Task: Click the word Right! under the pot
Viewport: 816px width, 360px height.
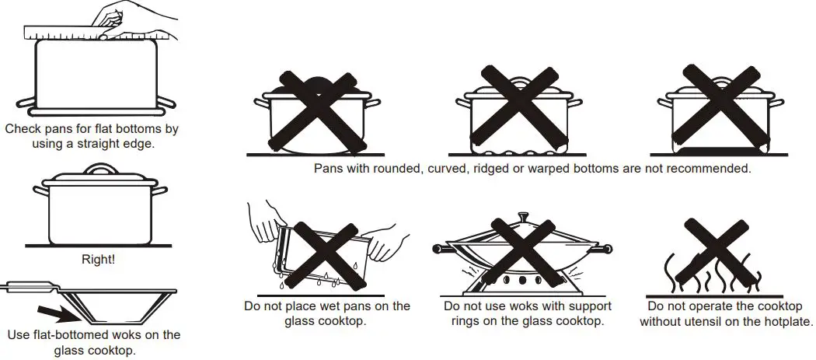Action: click(x=98, y=260)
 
